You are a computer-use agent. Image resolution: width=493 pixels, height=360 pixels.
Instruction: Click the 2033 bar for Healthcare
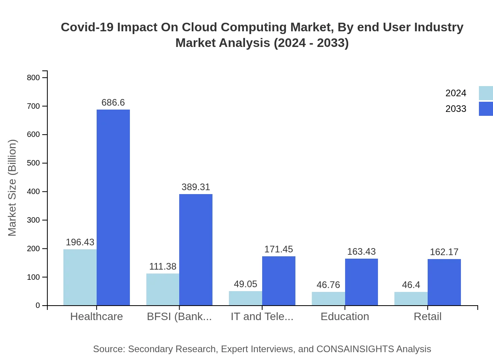point(113,207)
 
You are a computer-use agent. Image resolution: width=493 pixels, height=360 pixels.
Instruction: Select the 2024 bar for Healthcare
point(80,277)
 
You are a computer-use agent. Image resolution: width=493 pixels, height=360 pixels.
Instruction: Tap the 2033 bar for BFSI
point(196,250)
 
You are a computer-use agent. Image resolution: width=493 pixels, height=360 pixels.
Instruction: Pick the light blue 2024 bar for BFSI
point(163,289)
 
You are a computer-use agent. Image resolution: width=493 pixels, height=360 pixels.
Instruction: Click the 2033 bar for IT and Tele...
point(279,281)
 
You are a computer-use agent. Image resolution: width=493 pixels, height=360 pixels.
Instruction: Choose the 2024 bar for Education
point(328,299)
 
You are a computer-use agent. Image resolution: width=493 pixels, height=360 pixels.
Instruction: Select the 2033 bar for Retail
point(444,282)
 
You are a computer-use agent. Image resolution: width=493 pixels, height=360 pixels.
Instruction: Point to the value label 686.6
point(113,103)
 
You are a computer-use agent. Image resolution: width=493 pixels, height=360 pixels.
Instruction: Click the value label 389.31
point(196,187)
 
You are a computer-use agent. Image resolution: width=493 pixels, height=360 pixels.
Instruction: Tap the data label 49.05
point(245,284)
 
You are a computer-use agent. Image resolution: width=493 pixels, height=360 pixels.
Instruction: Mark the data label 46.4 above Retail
point(411,285)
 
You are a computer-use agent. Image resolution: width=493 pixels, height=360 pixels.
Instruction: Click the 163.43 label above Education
point(361,252)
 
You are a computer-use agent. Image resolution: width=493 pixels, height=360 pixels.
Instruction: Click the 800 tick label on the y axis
point(33,77)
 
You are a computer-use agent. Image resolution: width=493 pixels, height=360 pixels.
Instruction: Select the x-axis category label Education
point(345,317)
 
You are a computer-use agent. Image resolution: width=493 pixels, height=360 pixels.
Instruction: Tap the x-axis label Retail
point(428,317)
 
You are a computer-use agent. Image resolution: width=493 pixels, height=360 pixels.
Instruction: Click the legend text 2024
point(456,93)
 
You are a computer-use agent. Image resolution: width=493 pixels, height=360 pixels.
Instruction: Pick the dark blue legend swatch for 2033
point(486,109)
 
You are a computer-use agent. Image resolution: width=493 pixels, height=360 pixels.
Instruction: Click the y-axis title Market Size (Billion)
point(13,188)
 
